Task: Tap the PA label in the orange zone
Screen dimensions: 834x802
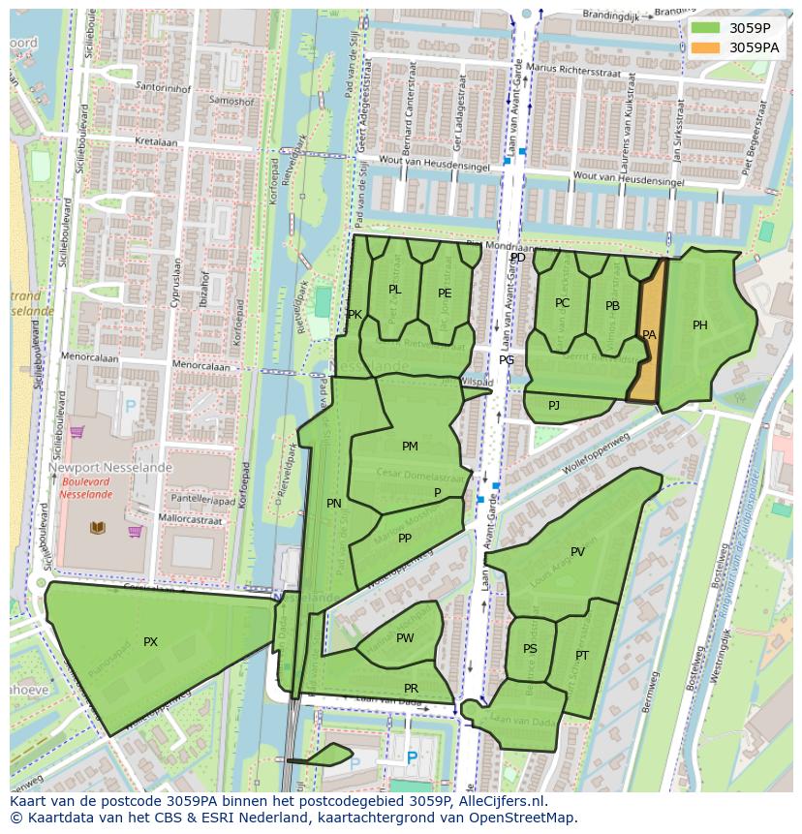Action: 649,335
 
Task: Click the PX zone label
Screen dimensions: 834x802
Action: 150,642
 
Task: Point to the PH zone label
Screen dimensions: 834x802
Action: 699,325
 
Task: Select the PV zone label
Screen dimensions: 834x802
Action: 577,552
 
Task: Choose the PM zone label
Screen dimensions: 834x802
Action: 410,447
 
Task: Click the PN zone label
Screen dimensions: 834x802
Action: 334,504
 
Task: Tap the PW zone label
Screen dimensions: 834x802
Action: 405,638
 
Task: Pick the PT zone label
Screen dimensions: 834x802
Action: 582,656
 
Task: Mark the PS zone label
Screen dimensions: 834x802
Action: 530,649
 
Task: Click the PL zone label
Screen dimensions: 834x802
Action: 394,290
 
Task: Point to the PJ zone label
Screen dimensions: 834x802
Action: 554,406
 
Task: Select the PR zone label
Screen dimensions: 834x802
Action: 411,689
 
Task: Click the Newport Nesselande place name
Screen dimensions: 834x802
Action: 109,467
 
